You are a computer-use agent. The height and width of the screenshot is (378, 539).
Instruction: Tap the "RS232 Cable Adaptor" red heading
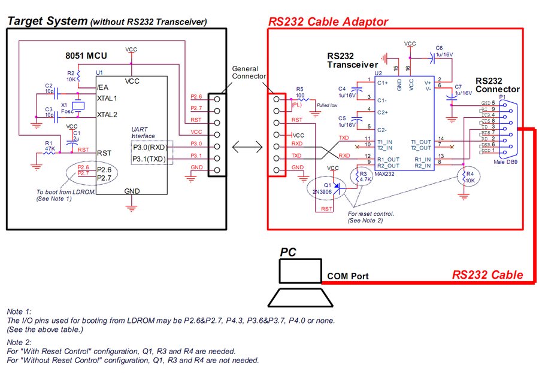[328, 22]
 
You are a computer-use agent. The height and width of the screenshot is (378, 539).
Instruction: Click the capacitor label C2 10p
[49, 89]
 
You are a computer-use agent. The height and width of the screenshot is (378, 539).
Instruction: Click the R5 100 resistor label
[301, 92]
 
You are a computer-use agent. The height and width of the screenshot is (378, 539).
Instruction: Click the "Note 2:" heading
[19, 342]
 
